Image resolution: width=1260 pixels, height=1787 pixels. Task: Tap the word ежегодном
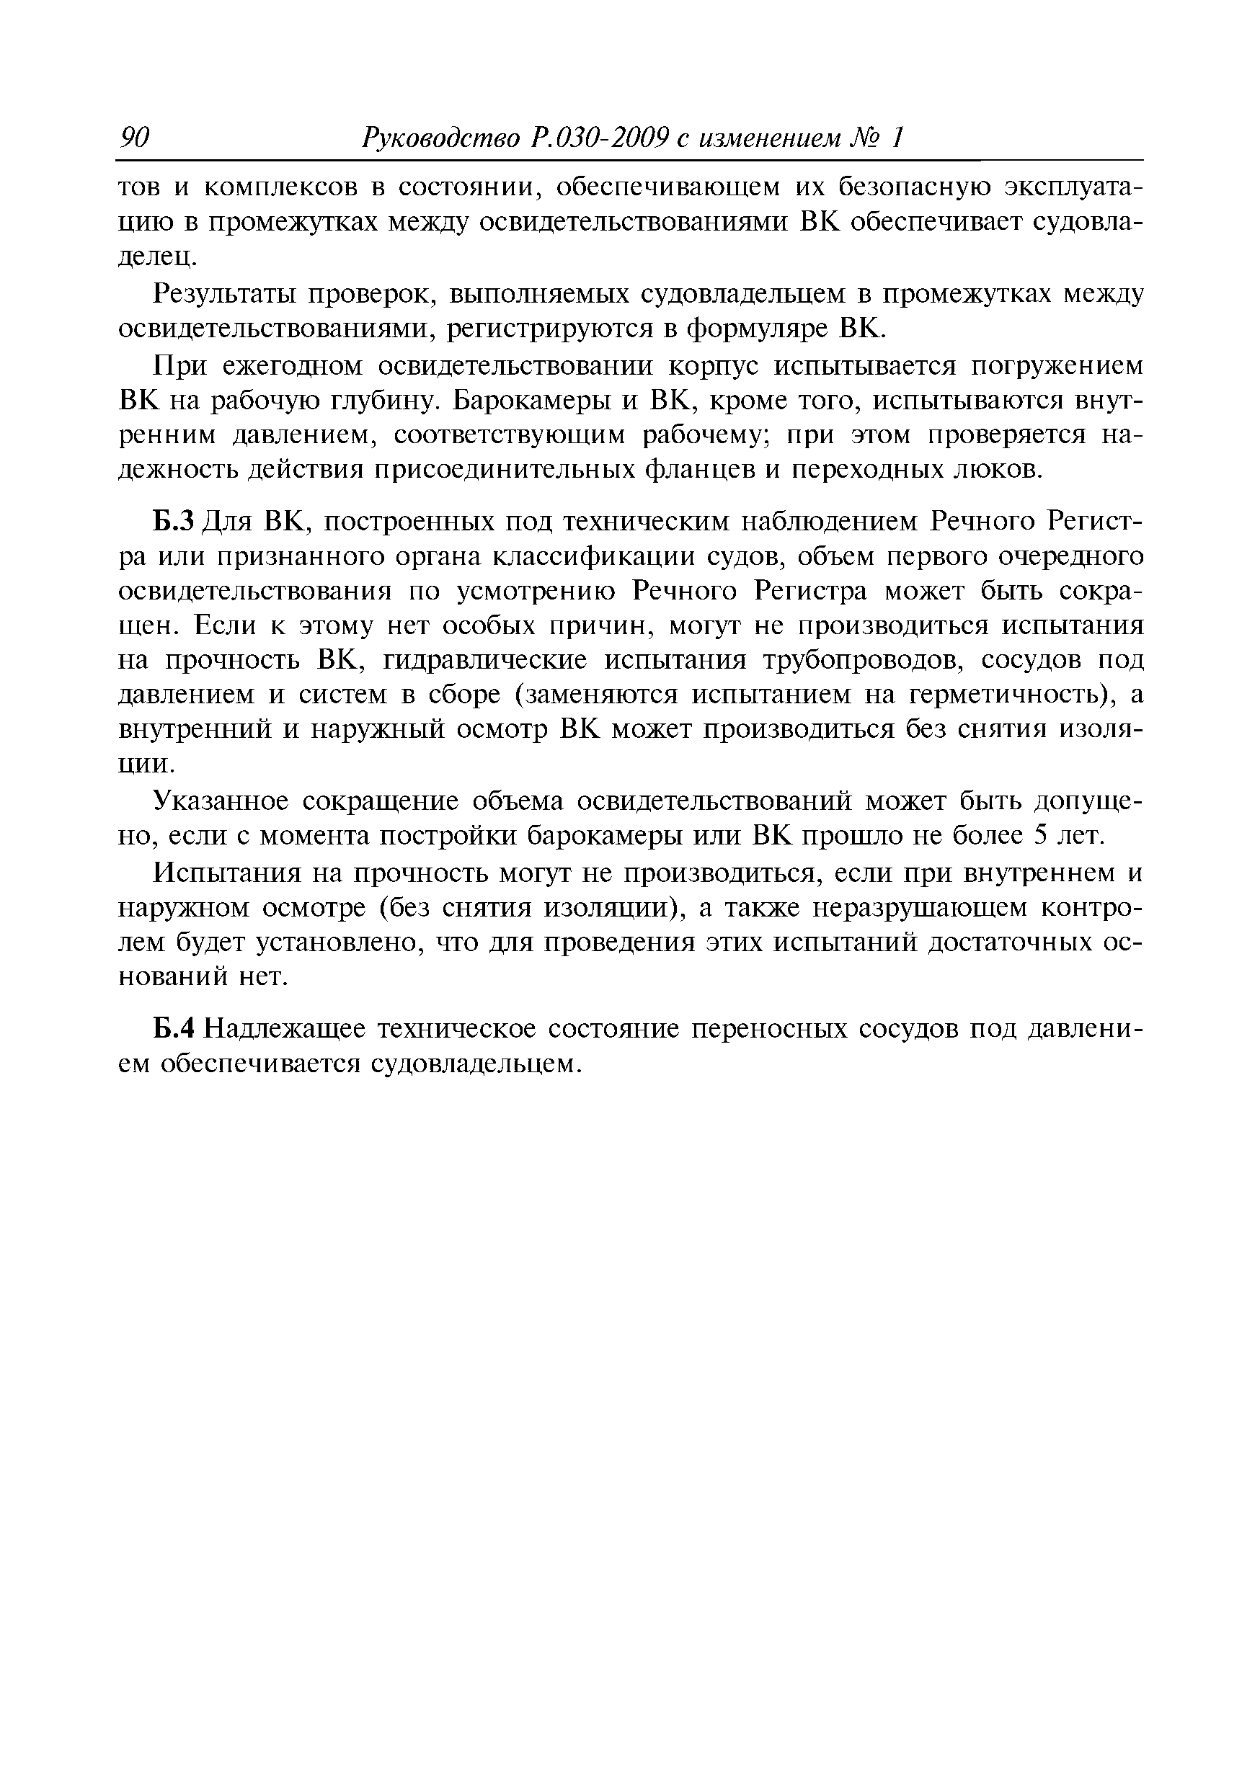(x=293, y=365)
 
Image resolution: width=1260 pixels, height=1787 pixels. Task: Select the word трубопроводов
(x=859, y=661)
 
